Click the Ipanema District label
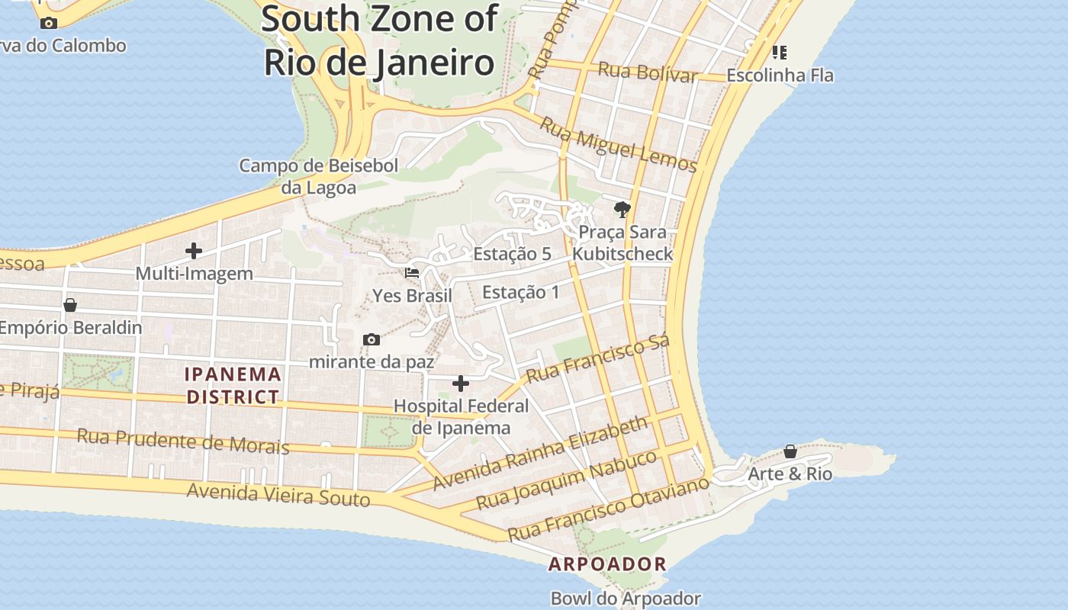click(x=233, y=386)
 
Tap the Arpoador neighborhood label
click(x=607, y=564)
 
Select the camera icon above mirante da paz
click(x=372, y=339)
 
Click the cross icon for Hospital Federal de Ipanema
click(x=461, y=383)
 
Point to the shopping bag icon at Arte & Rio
click(x=790, y=451)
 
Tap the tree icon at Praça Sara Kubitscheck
click(x=622, y=209)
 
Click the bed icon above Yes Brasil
click(x=412, y=273)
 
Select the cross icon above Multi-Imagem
click(x=194, y=250)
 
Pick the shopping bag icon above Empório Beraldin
click(x=70, y=305)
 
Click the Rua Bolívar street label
click(x=648, y=72)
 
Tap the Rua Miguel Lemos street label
click(x=618, y=144)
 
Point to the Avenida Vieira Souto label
click(x=278, y=494)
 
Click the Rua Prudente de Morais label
click(x=183, y=441)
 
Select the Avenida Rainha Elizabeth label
click(x=540, y=453)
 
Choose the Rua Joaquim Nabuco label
click(x=566, y=480)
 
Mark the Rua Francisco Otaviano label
click(x=608, y=509)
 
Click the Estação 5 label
click(x=512, y=254)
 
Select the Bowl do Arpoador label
click(x=626, y=599)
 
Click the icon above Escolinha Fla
click(x=779, y=53)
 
